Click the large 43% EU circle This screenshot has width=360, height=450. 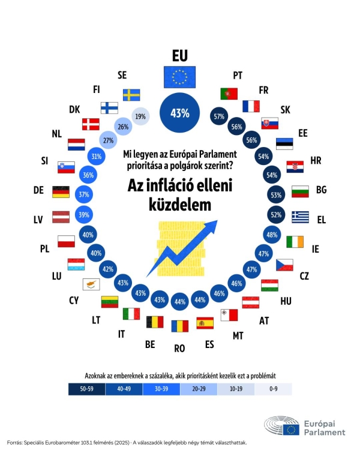click(x=180, y=113)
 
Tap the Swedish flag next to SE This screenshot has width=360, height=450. click(x=131, y=95)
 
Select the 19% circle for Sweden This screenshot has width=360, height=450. click(x=141, y=117)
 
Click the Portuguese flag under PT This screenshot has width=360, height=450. click(x=229, y=94)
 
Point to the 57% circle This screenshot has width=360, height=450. click(x=219, y=117)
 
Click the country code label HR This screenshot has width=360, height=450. click(x=316, y=160)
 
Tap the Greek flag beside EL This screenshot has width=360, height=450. click(x=300, y=216)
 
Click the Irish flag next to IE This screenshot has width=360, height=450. click(x=295, y=241)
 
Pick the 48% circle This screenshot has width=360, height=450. click(x=271, y=235)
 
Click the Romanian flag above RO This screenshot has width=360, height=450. click(x=179, y=327)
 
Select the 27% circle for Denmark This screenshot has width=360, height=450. click(x=109, y=141)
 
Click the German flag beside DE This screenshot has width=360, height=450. click(x=61, y=191)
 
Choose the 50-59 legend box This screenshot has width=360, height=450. click(x=86, y=389)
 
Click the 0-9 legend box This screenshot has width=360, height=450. click(x=273, y=389)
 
